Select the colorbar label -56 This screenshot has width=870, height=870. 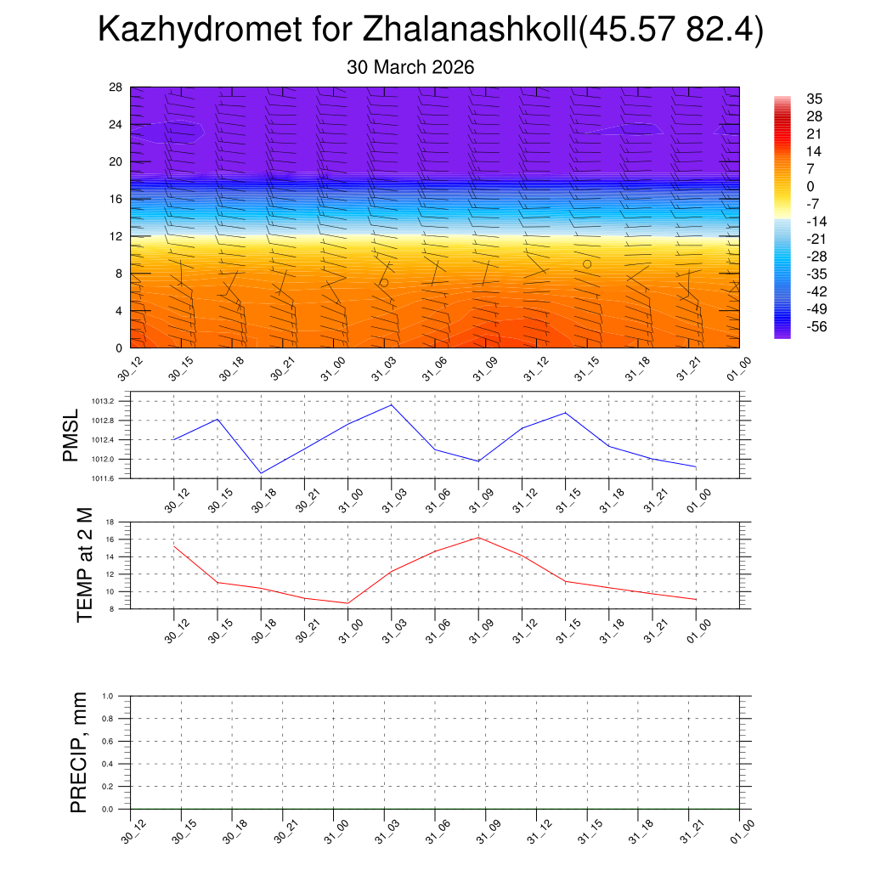coord(816,326)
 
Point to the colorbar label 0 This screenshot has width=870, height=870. coord(809,186)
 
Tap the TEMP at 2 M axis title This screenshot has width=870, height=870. coord(83,564)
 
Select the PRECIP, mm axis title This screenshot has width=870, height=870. coord(79,753)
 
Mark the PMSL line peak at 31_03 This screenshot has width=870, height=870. coord(392,404)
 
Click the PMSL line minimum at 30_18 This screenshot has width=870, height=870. coord(261,473)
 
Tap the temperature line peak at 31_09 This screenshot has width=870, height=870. coord(478,537)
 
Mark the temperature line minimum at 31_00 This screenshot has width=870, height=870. coord(347,603)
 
